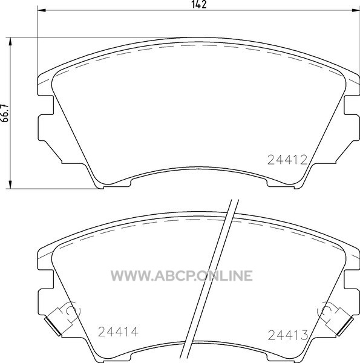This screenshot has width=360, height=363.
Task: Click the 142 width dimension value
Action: tap(199, 4)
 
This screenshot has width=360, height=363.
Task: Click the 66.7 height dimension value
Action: tap(5, 113)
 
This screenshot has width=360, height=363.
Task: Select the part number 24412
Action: tap(287, 160)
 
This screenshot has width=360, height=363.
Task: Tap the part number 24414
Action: tap(118, 332)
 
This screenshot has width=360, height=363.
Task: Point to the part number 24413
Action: tap(288, 335)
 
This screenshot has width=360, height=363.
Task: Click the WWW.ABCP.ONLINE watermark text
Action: tap(182, 276)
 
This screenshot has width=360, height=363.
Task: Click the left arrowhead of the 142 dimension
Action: tap(41, 10)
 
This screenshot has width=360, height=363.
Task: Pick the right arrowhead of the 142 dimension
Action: tap(356, 10)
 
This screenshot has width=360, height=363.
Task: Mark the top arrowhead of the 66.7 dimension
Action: tap(10, 42)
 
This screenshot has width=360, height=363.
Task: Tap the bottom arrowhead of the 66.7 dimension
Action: tap(10, 185)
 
